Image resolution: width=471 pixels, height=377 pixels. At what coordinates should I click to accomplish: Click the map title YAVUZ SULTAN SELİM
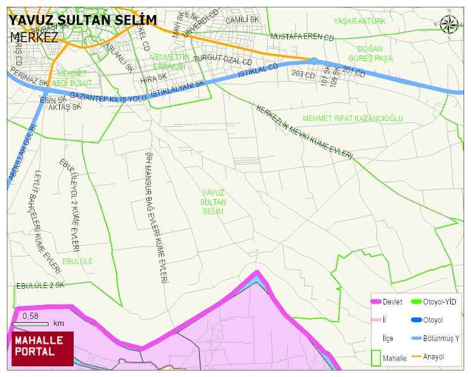[82, 20]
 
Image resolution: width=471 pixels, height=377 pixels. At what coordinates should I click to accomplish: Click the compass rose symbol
[449, 24]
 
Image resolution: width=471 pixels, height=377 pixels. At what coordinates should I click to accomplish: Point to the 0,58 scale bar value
[30, 315]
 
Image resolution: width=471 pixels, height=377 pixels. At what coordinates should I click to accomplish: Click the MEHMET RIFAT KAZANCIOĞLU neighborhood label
[353, 118]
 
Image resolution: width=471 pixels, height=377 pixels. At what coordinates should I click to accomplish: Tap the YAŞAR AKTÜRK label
[359, 21]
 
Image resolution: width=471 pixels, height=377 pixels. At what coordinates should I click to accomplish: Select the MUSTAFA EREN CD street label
[302, 37]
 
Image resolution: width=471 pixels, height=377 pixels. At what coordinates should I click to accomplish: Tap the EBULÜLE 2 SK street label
[40, 286]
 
